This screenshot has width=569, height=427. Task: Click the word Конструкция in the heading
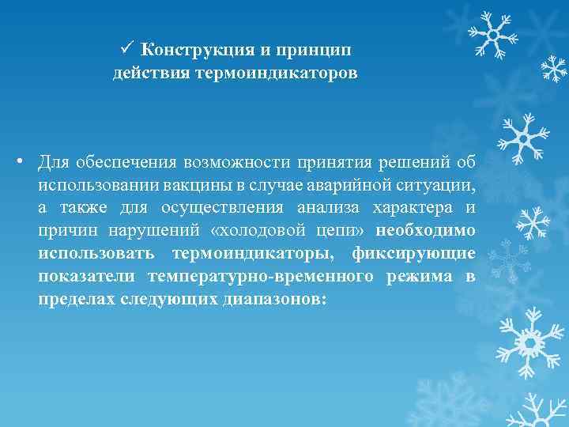tap(197, 50)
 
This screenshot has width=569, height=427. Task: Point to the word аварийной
tap(348, 187)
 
